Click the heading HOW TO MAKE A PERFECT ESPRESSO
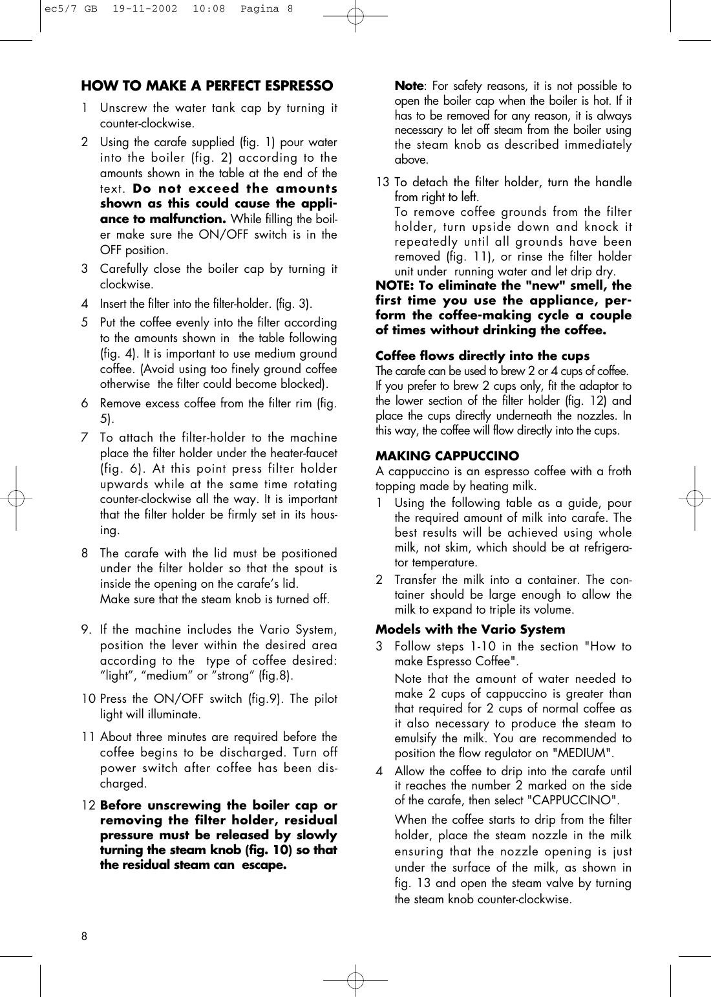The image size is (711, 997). coord(207,86)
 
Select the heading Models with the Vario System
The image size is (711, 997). coord(470,629)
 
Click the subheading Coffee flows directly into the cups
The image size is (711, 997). coord(482,356)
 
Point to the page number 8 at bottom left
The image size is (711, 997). coord(85,937)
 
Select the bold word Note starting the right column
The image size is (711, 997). coord(409,86)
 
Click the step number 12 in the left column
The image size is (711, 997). coord(88,806)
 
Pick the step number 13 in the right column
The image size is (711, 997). coord(383,182)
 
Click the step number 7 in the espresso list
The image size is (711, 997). coord(85,438)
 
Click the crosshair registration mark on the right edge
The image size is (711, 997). coord(695,498)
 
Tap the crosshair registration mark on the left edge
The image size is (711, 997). coord(16,498)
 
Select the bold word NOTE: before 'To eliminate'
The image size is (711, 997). coord(396,286)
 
